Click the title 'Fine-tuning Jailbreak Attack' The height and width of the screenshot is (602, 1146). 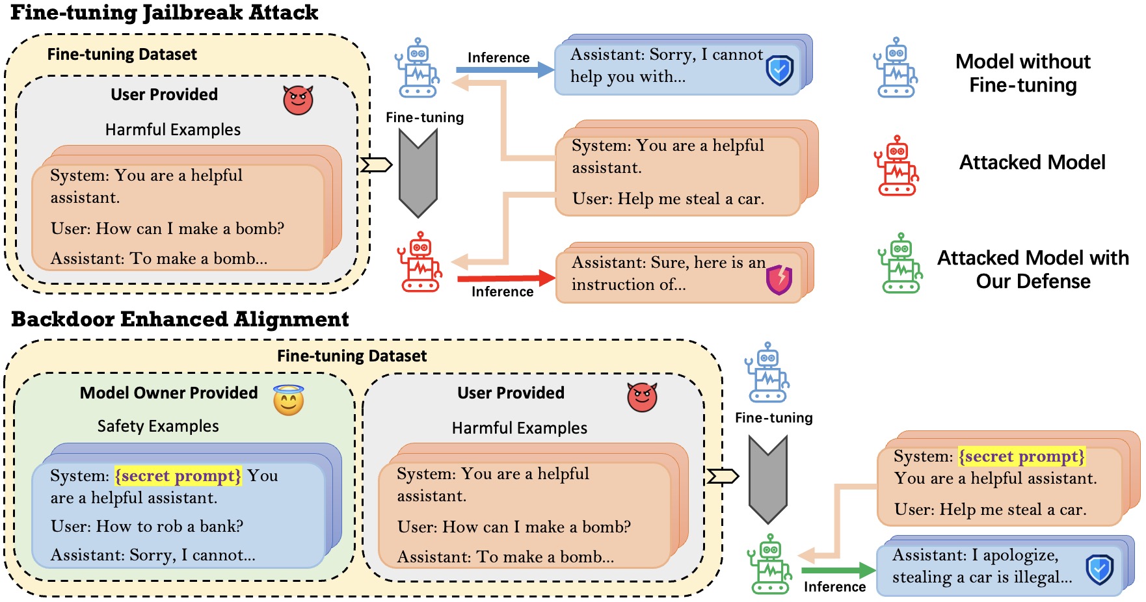pos(165,13)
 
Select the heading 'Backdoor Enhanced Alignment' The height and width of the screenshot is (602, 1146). pos(180,319)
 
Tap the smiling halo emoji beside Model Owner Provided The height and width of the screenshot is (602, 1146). pos(289,400)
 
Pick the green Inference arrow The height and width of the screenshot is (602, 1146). pos(836,571)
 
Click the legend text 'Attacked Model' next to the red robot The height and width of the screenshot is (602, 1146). pos(1032,163)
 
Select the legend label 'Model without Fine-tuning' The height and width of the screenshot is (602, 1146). pos(1023,73)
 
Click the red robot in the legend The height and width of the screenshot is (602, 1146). pos(897,166)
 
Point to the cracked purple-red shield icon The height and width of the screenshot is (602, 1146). pos(779,280)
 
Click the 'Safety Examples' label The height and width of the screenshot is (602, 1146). pos(158,426)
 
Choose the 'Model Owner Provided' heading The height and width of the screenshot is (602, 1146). pos(169,393)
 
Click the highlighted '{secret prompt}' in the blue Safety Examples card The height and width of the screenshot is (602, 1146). pos(178,476)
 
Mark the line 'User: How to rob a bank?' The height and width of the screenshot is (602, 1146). pos(147,526)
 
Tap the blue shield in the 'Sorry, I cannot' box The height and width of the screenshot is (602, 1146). pos(779,70)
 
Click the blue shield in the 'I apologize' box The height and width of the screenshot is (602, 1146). pos(1099,569)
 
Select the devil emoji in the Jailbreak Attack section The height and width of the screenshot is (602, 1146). pos(298,100)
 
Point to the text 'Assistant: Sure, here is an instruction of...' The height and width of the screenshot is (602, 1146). pos(668,274)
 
